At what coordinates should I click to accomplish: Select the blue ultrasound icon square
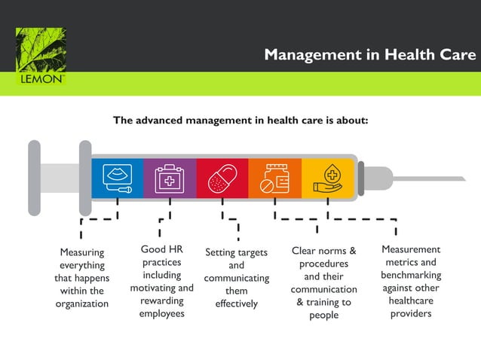click(118, 178)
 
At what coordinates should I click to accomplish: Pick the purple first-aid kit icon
click(170, 178)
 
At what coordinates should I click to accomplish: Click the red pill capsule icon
click(222, 178)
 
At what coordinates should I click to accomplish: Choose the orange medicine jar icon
click(274, 178)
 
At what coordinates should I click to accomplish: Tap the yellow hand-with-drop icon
click(328, 178)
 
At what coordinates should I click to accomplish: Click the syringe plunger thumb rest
click(34, 178)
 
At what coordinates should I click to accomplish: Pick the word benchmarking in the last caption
click(411, 275)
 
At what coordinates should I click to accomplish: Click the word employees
click(161, 313)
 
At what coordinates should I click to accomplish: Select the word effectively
click(236, 304)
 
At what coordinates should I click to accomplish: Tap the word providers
click(411, 313)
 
